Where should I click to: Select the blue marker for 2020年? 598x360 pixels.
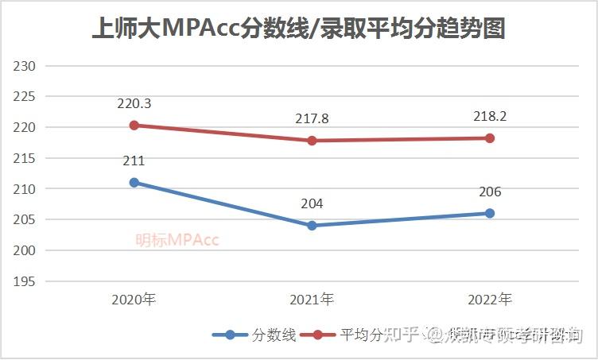coord(134,183)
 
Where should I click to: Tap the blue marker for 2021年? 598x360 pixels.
coord(312,226)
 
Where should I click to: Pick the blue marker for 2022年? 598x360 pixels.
coord(490,213)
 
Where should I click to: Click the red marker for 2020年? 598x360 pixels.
coord(134,126)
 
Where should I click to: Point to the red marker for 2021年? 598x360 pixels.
coord(312,141)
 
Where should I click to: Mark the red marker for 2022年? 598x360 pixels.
coord(490,138)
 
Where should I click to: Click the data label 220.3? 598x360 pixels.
coord(134,103)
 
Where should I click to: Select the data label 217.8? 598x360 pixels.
coord(312,119)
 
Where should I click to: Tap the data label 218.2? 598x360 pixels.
coord(490,116)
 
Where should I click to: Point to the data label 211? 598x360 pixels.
coord(134,161)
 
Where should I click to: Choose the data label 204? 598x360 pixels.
coord(312,204)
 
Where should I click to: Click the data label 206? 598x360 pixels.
coord(490,192)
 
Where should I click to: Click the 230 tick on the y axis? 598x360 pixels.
coord(26,66)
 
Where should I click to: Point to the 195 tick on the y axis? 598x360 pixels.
coord(26,281)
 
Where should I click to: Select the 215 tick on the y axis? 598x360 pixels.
coord(26,158)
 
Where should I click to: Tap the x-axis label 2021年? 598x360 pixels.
coord(312,300)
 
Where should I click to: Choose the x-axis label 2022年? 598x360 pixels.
coord(490,300)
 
